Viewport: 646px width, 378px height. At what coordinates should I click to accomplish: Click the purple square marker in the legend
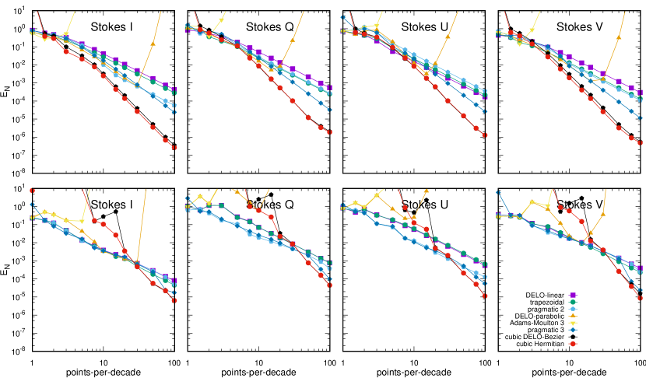(x=573, y=296)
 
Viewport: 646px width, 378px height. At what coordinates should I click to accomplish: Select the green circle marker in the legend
(x=573, y=303)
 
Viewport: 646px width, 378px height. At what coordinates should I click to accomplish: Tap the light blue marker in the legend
(x=573, y=310)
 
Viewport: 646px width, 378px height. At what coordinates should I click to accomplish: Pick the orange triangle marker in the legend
(x=573, y=316)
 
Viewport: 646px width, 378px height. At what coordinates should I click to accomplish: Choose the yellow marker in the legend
(x=573, y=323)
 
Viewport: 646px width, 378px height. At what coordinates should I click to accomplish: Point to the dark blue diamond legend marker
(x=573, y=330)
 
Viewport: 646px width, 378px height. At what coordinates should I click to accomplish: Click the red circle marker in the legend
(x=573, y=343)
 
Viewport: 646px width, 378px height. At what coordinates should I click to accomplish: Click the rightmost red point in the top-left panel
(x=174, y=147)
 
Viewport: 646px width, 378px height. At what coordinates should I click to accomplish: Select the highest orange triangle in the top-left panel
(x=153, y=44)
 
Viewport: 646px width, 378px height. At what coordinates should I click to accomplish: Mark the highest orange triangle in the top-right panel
(x=619, y=37)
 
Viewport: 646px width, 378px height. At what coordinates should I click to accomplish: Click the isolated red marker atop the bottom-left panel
(x=32, y=191)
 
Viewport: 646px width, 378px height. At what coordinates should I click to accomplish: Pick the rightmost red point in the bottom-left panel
(x=174, y=300)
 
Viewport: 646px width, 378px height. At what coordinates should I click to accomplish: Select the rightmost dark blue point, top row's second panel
(x=329, y=110)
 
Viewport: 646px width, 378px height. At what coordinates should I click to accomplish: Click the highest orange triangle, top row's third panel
(x=447, y=37)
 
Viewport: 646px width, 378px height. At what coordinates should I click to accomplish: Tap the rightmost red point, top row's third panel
(x=485, y=135)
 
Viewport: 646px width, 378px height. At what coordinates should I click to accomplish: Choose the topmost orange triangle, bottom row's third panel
(x=426, y=191)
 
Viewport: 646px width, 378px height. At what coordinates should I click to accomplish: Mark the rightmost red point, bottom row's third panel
(x=485, y=296)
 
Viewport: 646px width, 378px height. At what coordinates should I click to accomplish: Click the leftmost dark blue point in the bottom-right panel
(x=498, y=192)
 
